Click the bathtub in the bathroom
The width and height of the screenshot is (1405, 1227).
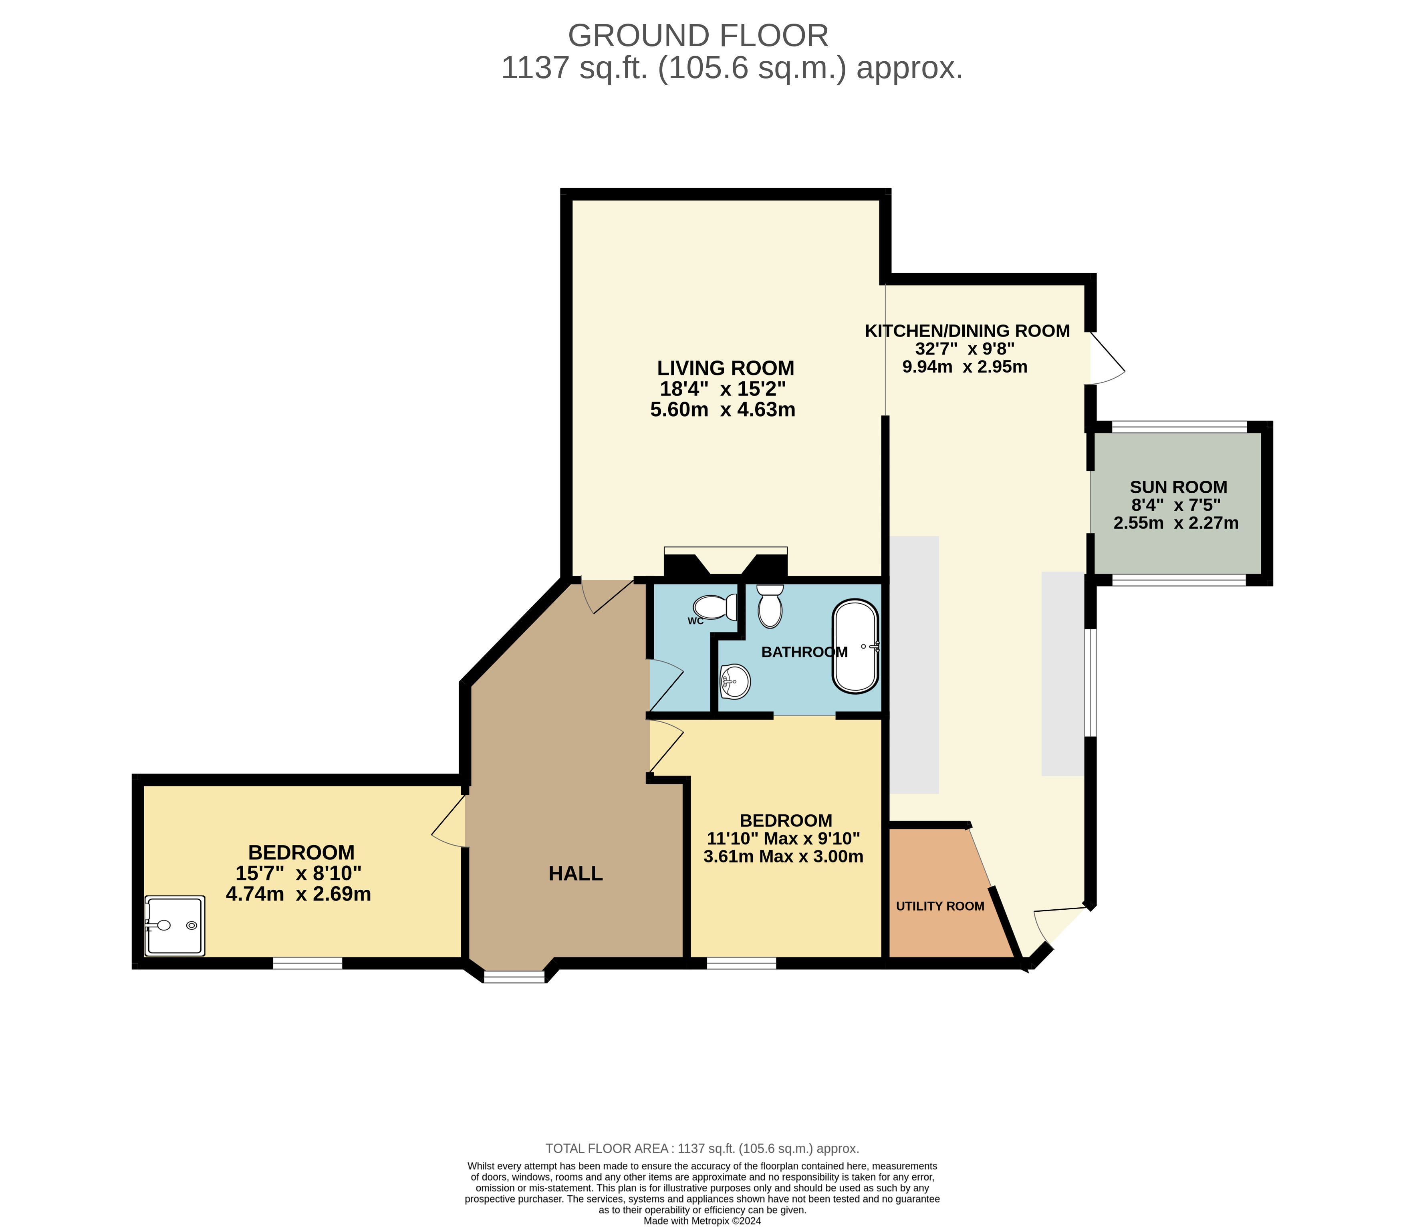point(855,647)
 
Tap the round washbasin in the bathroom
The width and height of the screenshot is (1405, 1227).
point(736,681)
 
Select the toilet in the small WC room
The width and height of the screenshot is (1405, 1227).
point(715,606)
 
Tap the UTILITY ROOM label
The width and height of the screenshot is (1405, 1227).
point(940,906)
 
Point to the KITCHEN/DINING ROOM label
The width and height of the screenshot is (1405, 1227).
point(967,331)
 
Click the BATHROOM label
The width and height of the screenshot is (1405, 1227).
point(804,652)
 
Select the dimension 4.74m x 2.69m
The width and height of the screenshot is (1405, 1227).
point(298,894)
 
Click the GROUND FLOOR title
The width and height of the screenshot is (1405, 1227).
point(698,36)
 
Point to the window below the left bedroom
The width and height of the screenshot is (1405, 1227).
point(307,963)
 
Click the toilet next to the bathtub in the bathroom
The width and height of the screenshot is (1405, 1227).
point(770,605)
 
